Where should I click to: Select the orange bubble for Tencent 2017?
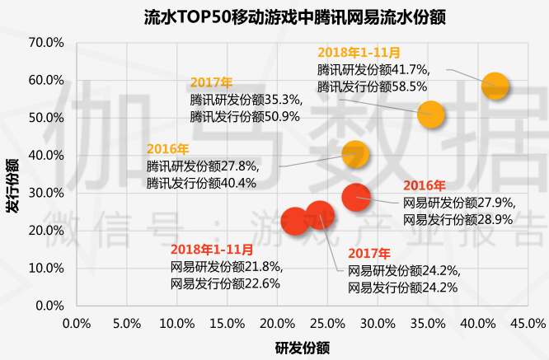430,114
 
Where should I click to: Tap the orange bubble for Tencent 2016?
354,153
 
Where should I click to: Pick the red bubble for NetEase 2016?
355,196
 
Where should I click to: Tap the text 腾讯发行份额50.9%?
245,116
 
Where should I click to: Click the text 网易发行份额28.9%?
458,219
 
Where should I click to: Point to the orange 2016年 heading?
168,149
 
